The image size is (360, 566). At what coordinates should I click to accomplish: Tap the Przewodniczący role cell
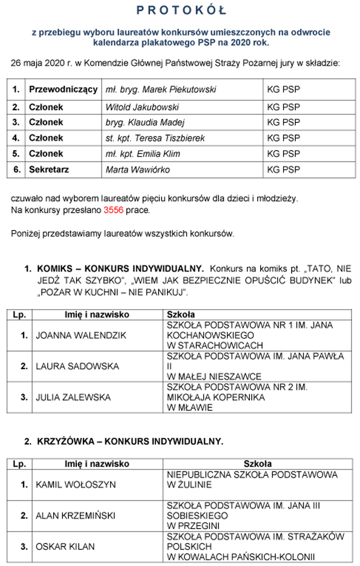(x=63, y=90)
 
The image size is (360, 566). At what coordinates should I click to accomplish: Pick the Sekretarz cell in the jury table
(x=49, y=169)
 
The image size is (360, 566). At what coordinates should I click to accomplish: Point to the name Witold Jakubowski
(x=142, y=107)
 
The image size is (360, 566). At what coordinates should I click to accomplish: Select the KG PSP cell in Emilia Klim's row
(x=283, y=154)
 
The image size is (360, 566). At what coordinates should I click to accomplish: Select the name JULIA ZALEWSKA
(x=73, y=397)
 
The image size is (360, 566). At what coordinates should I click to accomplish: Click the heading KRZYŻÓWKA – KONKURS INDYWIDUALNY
(x=129, y=441)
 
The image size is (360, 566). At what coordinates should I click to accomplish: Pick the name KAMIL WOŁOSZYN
(x=75, y=485)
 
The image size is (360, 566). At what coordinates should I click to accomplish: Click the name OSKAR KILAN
(x=65, y=547)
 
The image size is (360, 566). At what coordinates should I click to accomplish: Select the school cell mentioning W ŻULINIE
(x=252, y=479)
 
